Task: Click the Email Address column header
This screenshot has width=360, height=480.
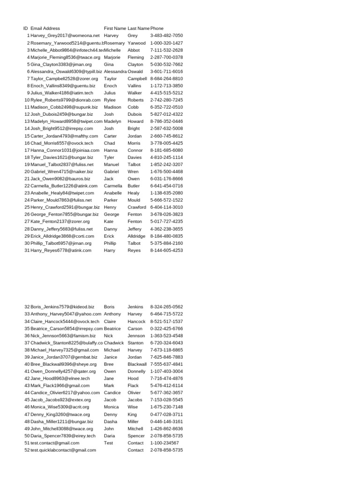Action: (x=45, y=29)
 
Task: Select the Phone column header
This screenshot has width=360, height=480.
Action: (x=157, y=29)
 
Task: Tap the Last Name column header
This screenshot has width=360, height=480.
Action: (x=138, y=29)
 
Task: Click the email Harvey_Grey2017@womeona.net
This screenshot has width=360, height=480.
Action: (x=65, y=36)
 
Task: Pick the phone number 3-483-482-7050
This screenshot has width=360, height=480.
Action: (x=166, y=36)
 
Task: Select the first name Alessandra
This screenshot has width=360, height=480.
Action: (x=115, y=71)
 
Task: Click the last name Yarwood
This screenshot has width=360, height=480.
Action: (x=136, y=43)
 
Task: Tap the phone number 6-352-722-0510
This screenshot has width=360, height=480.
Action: (x=166, y=107)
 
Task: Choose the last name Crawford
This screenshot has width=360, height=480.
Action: (x=136, y=207)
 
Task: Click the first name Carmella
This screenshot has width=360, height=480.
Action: (x=113, y=186)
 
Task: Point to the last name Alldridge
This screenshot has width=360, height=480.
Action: (x=136, y=236)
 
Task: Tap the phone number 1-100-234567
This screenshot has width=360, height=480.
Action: (x=164, y=442)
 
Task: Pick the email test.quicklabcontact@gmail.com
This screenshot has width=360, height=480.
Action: (x=63, y=450)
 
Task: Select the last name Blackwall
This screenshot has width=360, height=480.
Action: (x=137, y=364)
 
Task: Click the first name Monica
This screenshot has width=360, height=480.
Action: (x=112, y=407)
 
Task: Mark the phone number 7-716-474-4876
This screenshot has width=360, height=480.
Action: (x=166, y=378)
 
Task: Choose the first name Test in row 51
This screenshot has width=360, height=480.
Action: (x=108, y=442)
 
